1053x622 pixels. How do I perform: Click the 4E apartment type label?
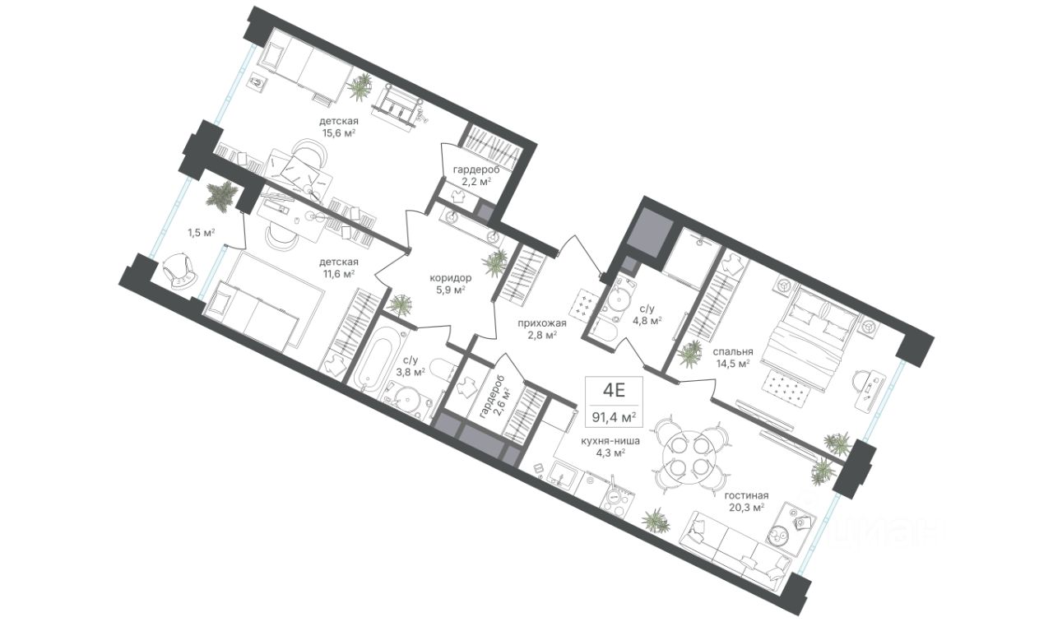point(614,390)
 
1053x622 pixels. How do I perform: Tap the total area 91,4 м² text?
point(614,417)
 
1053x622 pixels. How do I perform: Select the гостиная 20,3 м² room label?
point(746,501)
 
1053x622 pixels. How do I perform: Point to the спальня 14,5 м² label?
point(732,357)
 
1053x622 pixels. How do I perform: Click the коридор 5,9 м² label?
point(450,284)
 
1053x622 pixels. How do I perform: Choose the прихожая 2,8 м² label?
point(542,328)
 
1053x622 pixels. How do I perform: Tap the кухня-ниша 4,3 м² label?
point(610,447)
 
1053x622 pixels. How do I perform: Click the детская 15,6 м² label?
point(338,127)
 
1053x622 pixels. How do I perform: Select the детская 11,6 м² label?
point(338,267)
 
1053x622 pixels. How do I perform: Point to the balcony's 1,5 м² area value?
point(202,232)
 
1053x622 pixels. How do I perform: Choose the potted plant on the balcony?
point(221,194)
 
